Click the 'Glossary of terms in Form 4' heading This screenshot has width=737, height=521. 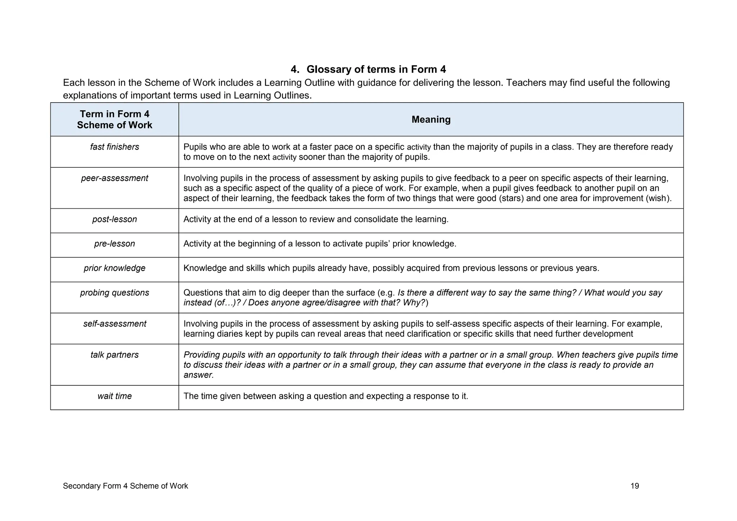(x=376, y=69)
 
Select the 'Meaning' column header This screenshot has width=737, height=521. (x=431, y=119)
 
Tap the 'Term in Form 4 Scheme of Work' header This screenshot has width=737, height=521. (x=114, y=119)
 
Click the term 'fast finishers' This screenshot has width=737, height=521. (x=114, y=147)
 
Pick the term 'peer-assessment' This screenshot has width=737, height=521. (x=114, y=178)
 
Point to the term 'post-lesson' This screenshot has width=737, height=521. (x=114, y=219)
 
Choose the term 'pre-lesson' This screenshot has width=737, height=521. (x=114, y=244)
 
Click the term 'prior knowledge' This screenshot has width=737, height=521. (x=114, y=268)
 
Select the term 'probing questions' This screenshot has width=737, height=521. (x=114, y=293)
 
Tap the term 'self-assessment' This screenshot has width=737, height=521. (x=114, y=324)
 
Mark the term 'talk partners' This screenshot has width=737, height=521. (x=114, y=355)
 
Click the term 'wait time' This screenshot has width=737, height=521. (x=114, y=396)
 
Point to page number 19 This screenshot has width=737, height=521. (x=635, y=486)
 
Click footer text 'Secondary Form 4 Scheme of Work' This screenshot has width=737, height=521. (x=125, y=486)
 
